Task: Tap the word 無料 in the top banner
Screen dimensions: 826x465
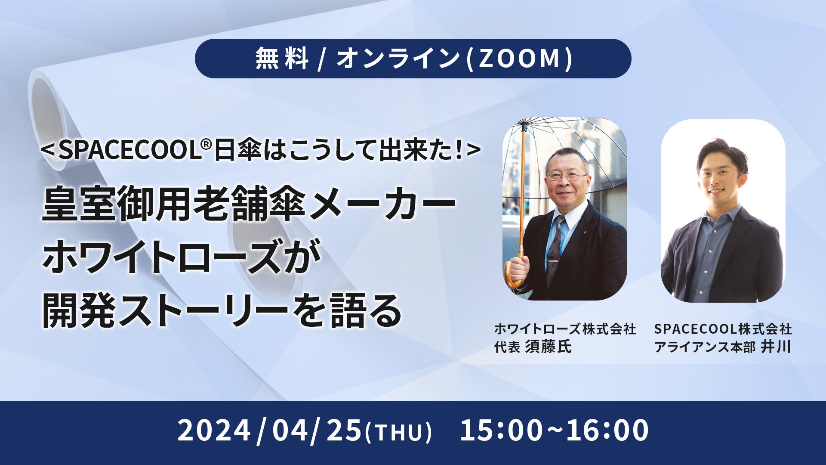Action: pyautogui.click(x=282, y=59)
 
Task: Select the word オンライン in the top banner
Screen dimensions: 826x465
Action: pyautogui.click(x=398, y=59)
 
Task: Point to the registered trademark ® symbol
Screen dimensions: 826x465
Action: pyautogui.click(x=206, y=145)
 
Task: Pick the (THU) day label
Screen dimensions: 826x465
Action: pyautogui.click(x=398, y=432)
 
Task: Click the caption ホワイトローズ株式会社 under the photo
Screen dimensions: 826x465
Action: pyautogui.click(x=565, y=329)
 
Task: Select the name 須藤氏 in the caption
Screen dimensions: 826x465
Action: pyautogui.click(x=549, y=347)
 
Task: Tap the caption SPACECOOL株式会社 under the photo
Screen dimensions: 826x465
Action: pyautogui.click(x=723, y=329)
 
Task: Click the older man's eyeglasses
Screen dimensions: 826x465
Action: pyautogui.click(x=567, y=176)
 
